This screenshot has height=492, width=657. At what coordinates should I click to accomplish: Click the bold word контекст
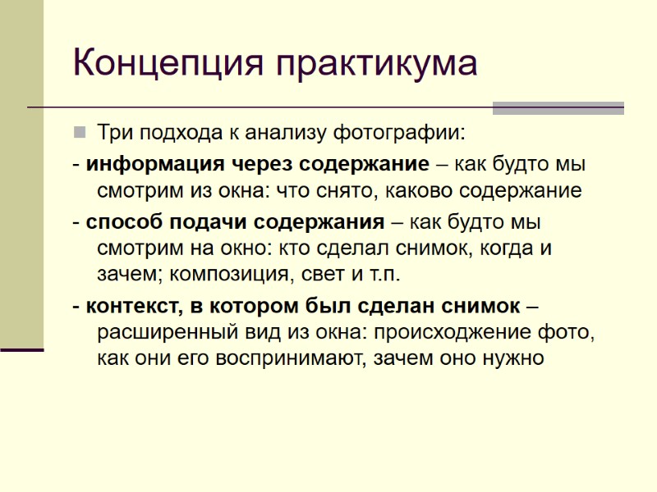[132, 306]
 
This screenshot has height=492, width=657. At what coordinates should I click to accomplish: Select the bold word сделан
[397, 306]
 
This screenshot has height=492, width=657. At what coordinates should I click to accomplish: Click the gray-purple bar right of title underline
[558, 107]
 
